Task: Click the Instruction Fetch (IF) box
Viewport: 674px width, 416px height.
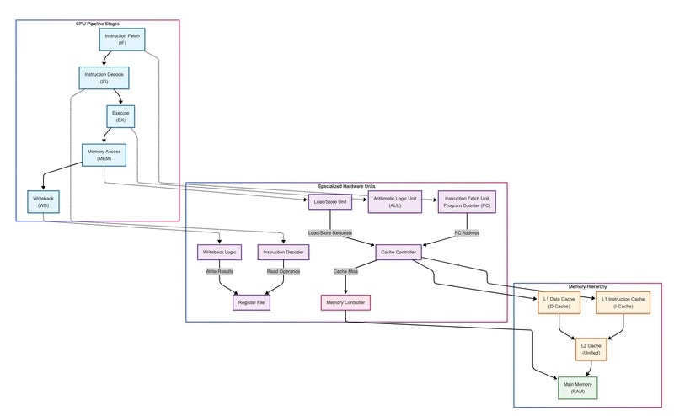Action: tap(122, 39)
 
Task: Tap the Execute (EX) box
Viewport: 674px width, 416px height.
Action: tap(121, 116)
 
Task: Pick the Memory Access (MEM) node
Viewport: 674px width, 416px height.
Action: tap(102, 155)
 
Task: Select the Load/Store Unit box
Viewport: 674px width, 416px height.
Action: tap(329, 203)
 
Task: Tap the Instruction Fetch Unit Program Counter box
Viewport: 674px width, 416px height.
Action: tap(466, 203)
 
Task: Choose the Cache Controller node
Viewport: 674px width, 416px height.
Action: tap(398, 252)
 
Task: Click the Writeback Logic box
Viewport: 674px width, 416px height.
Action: tap(219, 252)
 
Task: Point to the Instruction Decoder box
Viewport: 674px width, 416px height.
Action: tap(284, 252)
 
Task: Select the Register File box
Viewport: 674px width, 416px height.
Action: tap(251, 301)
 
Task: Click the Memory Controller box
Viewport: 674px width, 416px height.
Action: tap(345, 301)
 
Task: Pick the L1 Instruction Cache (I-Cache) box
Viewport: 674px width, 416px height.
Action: tap(623, 302)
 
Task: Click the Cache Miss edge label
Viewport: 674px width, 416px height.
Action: tap(345, 271)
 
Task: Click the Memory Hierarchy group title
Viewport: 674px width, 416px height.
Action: tap(588, 287)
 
